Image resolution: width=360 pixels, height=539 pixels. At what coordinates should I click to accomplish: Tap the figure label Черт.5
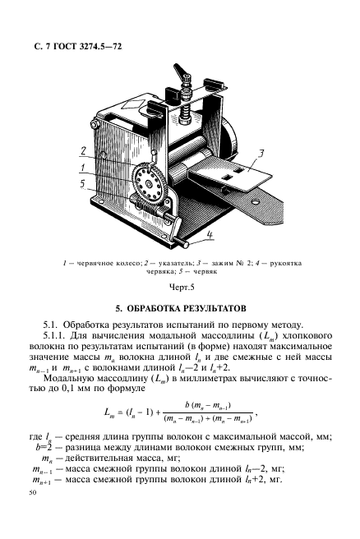click(179, 288)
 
